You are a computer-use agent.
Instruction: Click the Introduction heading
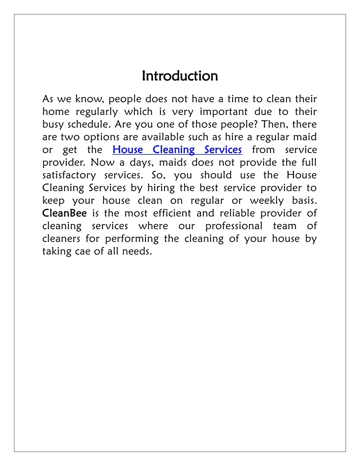pyautogui.click(x=180, y=76)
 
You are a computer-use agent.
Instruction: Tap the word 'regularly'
pyautogui.click(x=97, y=112)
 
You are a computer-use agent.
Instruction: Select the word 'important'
pyautogui.click(x=223, y=112)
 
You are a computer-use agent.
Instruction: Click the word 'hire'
pyautogui.click(x=234, y=137)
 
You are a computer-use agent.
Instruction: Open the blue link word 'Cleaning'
pyautogui.click(x=173, y=150)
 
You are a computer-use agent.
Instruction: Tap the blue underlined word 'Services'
pyautogui.click(x=223, y=150)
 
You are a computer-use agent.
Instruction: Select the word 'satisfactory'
pyautogui.click(x=69, y=175)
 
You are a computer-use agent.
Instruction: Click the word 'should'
pyautogui.click(x=216, y=175)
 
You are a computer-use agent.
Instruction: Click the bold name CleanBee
pyautogui.click(x=64, y=213)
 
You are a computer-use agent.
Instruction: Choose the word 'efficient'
pyautogui.click(x=172, y=213)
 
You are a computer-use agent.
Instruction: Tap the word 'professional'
pyautogui.click(x=234, y=226)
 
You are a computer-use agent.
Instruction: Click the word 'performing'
pyautogui.click(x=132, y=239)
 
